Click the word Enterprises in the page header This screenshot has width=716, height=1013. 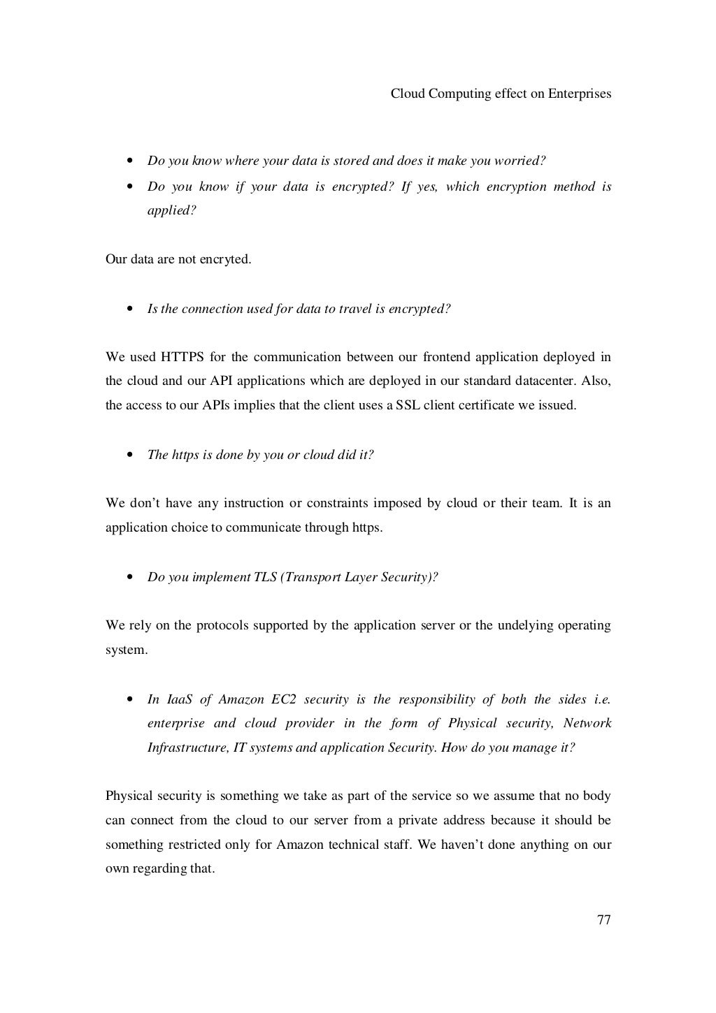pyautogui.click(x=580, y=94)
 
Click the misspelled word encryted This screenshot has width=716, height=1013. pyautogui.click(x=225, y=260)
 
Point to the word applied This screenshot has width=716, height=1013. pyautogui.click(x=171, y=210)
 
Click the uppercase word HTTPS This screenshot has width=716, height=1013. pyautogui.click(x=182, y=358)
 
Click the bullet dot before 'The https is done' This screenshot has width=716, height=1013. pyautogui.click(x=130, y=456)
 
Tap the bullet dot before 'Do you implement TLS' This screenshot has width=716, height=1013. pyautogui.click(x=130, y=578)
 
